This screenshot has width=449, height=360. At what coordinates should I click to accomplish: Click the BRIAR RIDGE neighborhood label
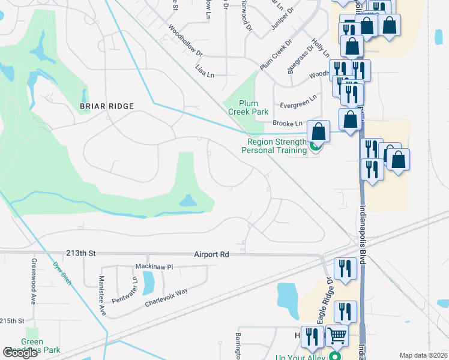106,106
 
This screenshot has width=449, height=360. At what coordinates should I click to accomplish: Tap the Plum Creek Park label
248,107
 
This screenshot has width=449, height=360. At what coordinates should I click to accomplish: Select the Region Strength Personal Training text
274,146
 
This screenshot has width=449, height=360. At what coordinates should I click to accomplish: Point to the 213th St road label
83,254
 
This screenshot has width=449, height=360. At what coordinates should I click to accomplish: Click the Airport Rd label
211,254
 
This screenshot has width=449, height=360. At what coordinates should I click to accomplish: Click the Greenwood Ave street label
34,281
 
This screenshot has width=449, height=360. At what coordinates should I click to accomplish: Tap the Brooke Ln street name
291,123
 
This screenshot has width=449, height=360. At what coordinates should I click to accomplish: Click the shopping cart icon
337,337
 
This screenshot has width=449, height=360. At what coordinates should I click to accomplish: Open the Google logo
20,353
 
